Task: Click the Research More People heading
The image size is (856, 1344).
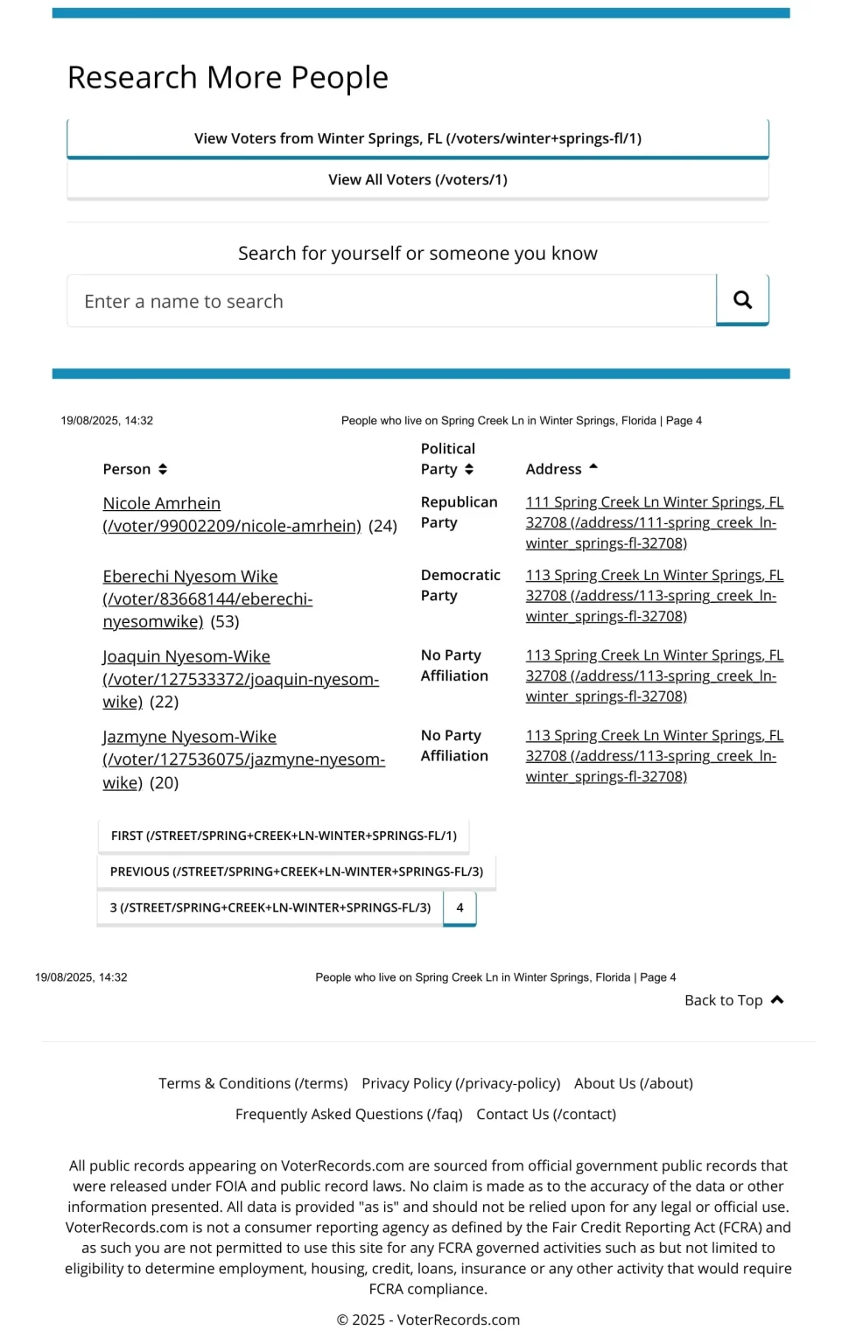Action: [228, 78]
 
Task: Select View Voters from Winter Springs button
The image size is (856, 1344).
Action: [417, 139]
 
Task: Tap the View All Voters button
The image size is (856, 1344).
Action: [417, 180]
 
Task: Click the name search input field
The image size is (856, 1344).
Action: [391, 302]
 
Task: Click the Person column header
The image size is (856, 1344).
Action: [127, 470]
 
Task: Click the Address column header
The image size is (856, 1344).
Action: [553, 470]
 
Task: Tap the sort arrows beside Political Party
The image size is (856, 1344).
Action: [469, 470]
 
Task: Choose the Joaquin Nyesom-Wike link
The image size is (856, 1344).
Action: [186, 657]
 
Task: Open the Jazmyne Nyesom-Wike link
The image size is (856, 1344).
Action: [189, 738]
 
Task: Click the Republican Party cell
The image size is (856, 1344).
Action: [459, 513]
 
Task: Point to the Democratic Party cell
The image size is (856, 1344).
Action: [460, 585]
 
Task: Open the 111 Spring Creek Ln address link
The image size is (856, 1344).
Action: [654, 523]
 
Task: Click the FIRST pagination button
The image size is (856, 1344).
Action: [284, 836]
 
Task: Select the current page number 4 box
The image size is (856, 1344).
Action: [460, 908]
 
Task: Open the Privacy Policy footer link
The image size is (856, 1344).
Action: [460, 1084]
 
